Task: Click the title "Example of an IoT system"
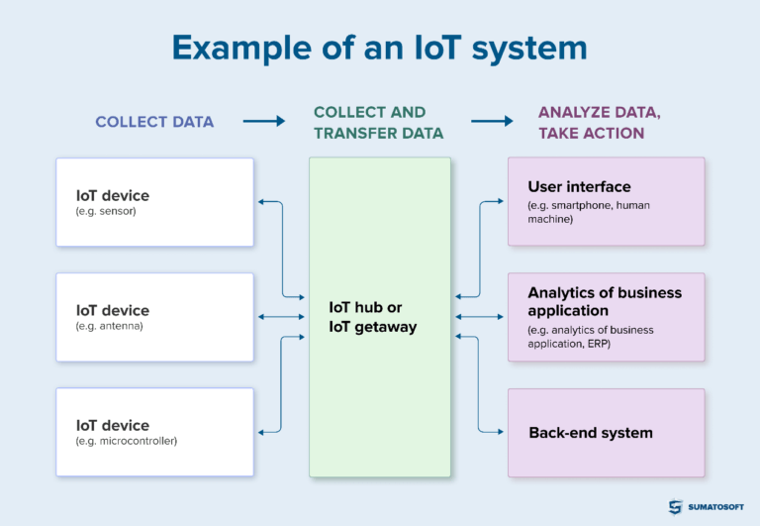379,49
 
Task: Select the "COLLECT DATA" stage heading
154,122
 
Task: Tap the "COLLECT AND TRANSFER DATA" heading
370,123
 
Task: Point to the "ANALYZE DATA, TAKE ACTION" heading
599,123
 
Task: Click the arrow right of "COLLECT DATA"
263,122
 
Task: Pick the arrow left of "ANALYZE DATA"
492,122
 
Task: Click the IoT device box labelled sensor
154,202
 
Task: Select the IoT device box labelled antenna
154,317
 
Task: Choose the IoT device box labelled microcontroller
154,432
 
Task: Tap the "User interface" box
606,201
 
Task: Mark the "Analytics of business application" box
606,317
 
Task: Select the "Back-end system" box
606,432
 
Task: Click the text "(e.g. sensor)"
105,212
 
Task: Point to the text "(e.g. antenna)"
110,326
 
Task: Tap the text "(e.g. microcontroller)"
126,441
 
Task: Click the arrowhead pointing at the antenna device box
260,317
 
